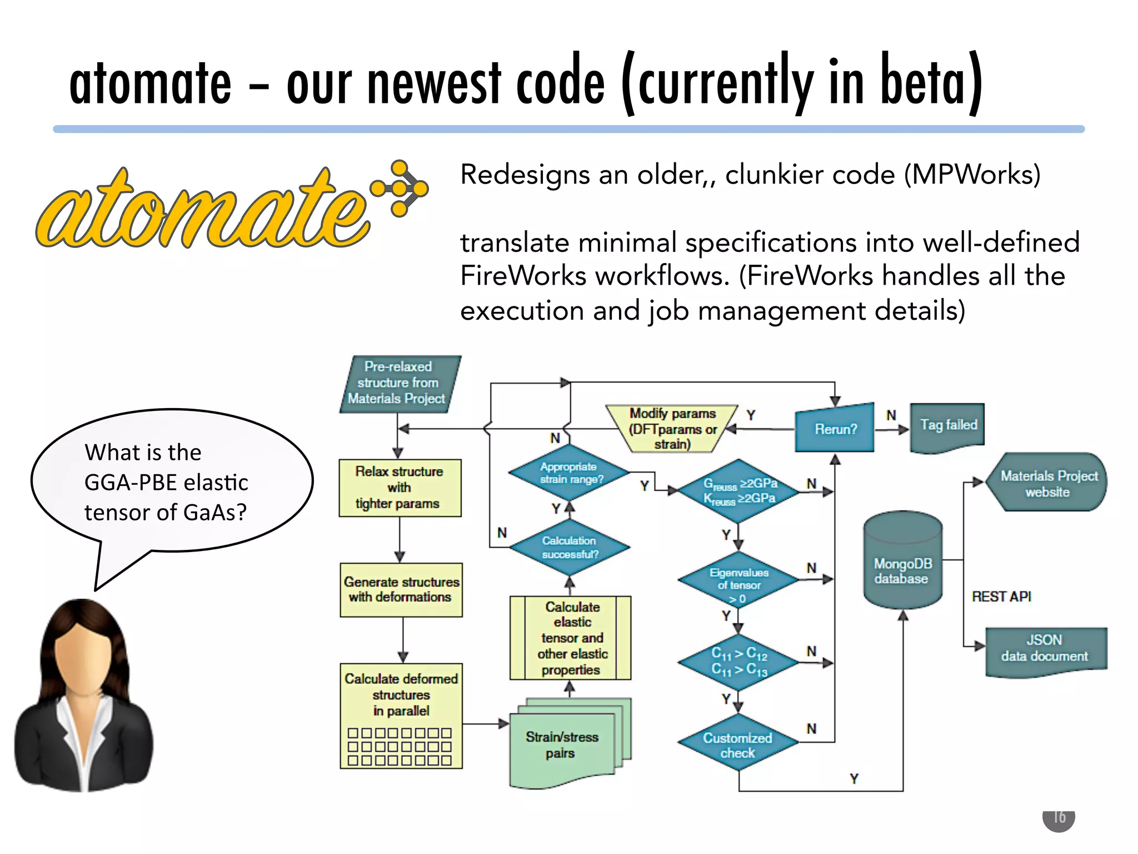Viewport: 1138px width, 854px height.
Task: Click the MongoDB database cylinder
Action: (x=902, y=562)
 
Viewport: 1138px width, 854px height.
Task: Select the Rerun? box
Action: (x=835, y=429)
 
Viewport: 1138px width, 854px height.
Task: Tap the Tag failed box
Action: (x=947, y=426)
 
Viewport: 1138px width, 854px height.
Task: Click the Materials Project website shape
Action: (x=1047, y=483)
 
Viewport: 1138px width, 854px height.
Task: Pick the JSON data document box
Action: (x=1045, y=649)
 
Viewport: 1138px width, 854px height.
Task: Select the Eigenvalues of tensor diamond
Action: (x=738, y=582)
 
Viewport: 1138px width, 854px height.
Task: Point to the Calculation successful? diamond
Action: (x=570, y=547)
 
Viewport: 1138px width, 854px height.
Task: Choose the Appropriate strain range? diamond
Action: (x=570, y=473)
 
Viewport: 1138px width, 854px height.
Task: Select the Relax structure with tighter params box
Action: (x=400, y=488)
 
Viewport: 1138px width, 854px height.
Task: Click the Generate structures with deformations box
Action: (x=401, y=589)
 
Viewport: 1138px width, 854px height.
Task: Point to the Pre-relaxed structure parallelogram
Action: (x=398, y=383)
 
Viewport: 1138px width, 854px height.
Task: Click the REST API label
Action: (x=1001, y=597)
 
